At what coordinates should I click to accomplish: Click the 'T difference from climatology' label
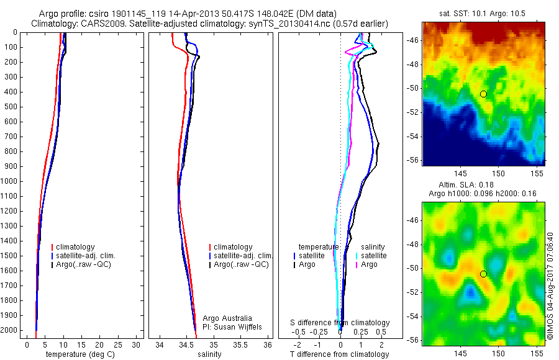pos(339,354)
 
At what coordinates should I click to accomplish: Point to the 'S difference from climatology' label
pos(340,323)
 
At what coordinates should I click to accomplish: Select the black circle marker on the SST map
pos(483,94)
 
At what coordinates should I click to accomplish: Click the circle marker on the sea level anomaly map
pos(483,274)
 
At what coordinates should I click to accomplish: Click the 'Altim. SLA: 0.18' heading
pos(483,186)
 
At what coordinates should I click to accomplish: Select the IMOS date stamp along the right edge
pos(550,286)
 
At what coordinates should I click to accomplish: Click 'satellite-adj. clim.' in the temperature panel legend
pos(91,256)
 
